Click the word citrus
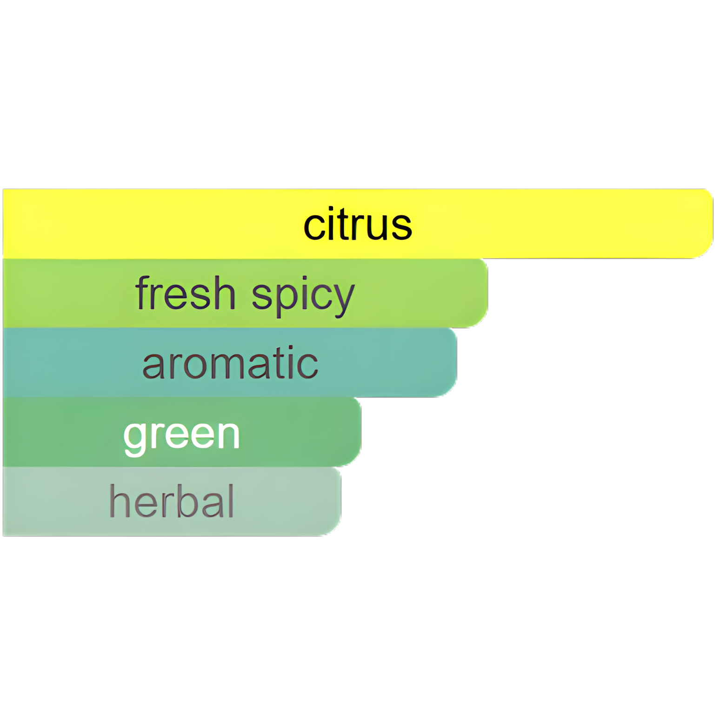pos(357,224)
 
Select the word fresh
pos(185,293)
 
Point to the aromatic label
pos(230,363)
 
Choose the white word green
pos(181,434)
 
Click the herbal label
pos(172,501)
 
